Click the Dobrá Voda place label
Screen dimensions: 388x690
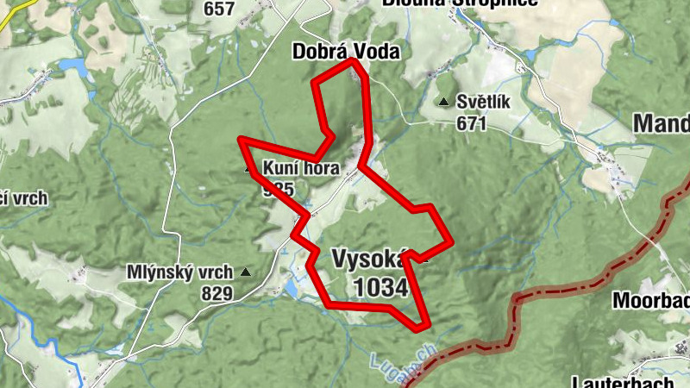346,52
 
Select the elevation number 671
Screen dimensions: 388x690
472,123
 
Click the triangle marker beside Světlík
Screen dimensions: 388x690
443,103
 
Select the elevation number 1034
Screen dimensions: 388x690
379,287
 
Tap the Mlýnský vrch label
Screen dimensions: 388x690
179,272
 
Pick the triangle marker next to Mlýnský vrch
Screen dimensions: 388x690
246,272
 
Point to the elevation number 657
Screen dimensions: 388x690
219,9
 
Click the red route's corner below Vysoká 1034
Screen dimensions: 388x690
421,327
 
